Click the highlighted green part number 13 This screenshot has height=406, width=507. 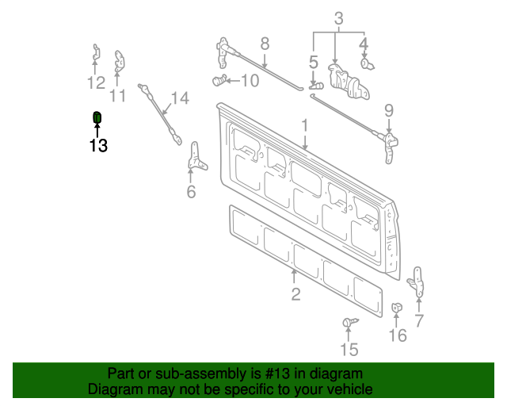click(x=97, y=118)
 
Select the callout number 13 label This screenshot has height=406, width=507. click(x=98, y=146)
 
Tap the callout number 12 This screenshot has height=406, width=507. click(x=96, y=83)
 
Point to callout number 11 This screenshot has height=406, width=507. click(x=118, y=96)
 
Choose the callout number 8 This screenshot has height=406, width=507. click(x=265, y=44)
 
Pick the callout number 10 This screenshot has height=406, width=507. click(x=249, y=80)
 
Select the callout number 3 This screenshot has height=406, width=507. click(x=338, y=17)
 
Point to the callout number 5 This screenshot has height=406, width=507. click(x=314, y=61)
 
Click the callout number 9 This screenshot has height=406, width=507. click(x=389, y=109)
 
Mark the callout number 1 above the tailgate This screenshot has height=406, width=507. click(x=303, y=125)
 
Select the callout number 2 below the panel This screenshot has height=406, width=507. click(x=295, y=295)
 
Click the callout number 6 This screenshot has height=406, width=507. click(x=191, y=192)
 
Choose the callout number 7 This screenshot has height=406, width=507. click(x=419, y=320)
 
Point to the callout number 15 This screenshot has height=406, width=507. click(x=349, y=350)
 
